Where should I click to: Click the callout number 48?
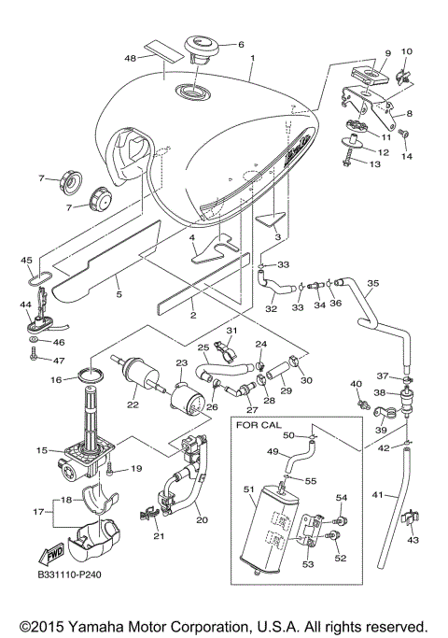point(131,58)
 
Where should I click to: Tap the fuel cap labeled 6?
point(200,46)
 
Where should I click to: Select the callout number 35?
point(371,282)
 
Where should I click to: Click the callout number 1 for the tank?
point(252,56)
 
